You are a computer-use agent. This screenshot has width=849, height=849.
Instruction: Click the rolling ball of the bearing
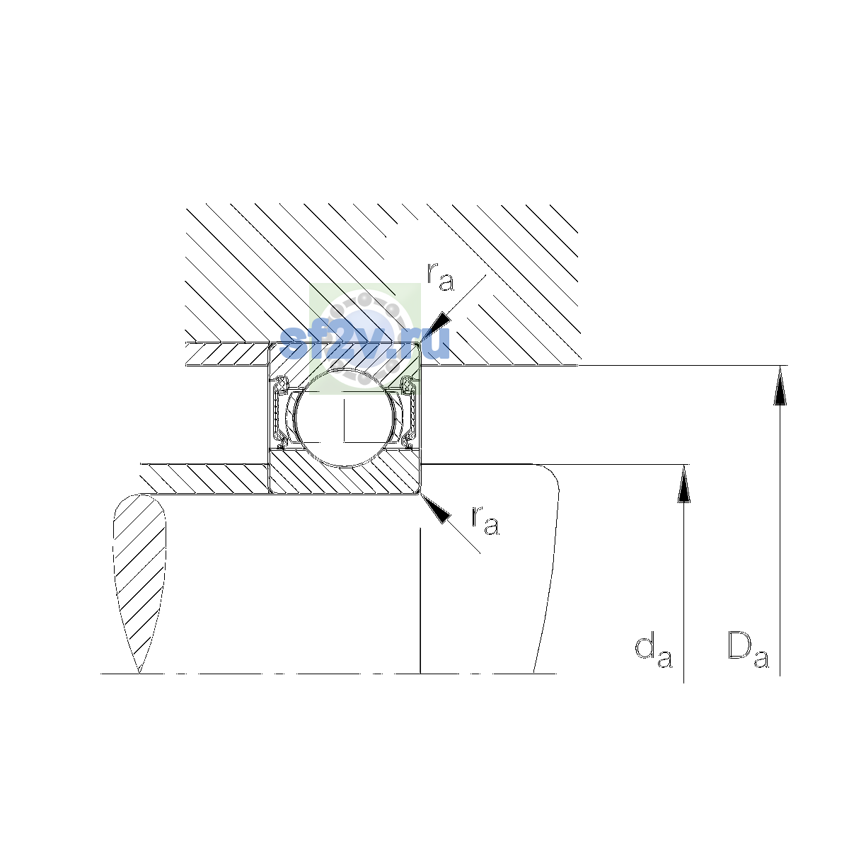click(x=345, y=417)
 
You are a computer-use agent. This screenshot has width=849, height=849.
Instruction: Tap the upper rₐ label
click(x=440, y=277)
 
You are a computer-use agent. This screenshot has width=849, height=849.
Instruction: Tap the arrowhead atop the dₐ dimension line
click(x=683, y=484)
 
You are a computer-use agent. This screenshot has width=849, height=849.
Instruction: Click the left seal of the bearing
click(x=280, y=412)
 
